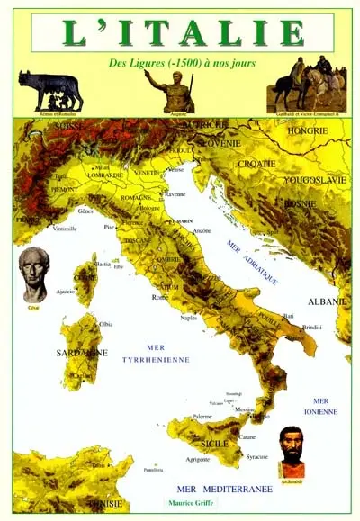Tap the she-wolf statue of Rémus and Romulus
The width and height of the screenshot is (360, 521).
(x=50, y=91)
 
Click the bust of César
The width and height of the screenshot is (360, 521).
(x=34, y=274)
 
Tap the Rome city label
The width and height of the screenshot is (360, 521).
(x=160, y=297)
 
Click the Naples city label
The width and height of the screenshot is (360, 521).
(x=188, y=318)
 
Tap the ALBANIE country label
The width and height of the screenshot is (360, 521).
(x=322, y=275)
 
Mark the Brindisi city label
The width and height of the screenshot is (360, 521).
(x=312, y=327)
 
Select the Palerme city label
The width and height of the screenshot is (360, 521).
(x=202, y=417)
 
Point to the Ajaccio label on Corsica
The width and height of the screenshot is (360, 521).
(x=66, y=292)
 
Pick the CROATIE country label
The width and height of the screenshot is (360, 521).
(x=257, y=164)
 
